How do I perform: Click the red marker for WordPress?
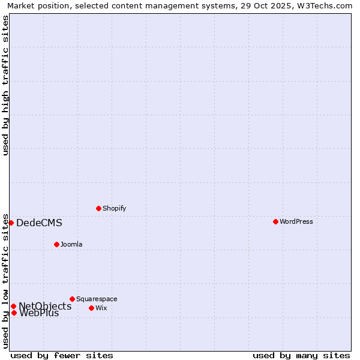point(275,221)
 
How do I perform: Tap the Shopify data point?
point(98,208)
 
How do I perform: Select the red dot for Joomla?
point(56,244)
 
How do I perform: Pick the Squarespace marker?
point(72,299)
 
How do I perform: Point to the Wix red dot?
point(91,308)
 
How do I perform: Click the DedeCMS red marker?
point(11,223)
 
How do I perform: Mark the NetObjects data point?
point(13,306)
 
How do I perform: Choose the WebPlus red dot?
point(14,313)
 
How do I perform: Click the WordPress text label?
point(296,221)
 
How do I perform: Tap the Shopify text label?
point(114,208)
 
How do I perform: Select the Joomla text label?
point(71,244)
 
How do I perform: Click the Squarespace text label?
point(97,299)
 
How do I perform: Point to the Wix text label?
point(101,308)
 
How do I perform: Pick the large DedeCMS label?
point(39,223)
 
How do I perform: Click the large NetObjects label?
point(45,307)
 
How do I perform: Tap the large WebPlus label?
point(39,313)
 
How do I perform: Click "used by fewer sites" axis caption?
point(62,355)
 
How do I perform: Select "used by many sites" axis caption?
point(301,355)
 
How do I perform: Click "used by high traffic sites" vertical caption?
point(5,85)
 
